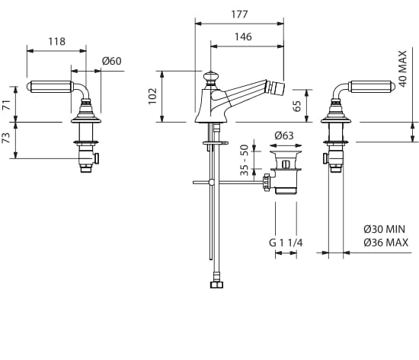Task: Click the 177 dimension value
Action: (x=239, y=14)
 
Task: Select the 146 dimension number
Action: (x=243, y=37)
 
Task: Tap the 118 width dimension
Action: (x=56, y=41)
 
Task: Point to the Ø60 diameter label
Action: (x=112, y=61)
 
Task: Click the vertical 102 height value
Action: (x=152, y=96)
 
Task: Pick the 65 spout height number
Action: (x=297, y=106)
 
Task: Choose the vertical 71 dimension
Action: (x=6, y=104)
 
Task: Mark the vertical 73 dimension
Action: (x=6, y=138)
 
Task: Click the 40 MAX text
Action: (x=402, y=68)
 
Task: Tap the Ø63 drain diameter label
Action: (x=284, y=135)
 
